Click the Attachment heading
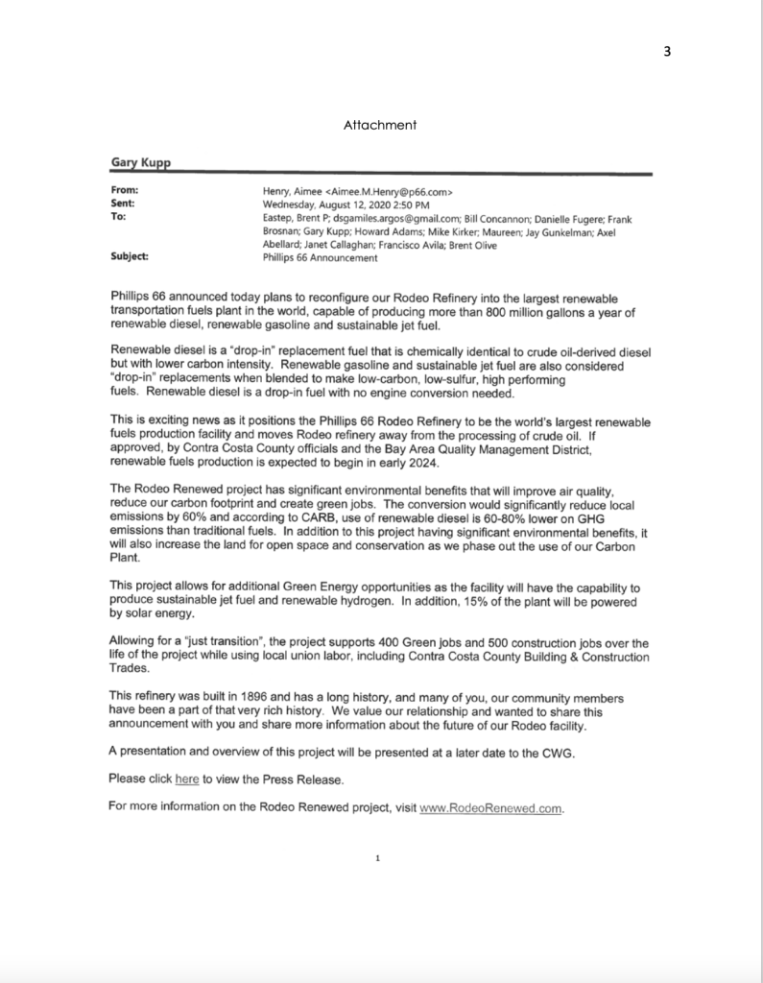click(x=379, y=125)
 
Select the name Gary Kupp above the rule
click(x=137, y=164)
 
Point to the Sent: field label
click(x=124, y=204)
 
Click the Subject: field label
click(x=131, y=257)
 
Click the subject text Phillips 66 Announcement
click(x=320, y=257)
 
